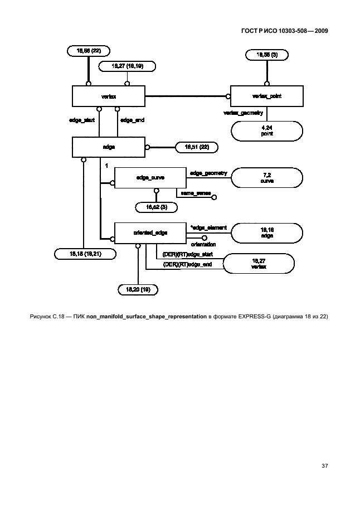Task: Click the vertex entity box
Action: click(x=108, y=96)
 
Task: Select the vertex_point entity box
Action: click(x=266, y=96)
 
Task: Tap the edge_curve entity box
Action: click(x=150, y=177)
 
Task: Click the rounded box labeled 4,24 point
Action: click(x=266, y=131)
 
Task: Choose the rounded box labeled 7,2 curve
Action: click(x=266, y=178)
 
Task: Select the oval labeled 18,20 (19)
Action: click(x=138, y=289)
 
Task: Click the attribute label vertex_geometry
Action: click(x=243, y=113)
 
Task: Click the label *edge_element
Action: click(x=208, y=227)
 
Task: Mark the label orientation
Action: click(x=203, y=244)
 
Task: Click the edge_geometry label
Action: click(x=208, y=173)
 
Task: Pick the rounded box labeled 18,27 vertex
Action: click(x=259, y=264)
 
